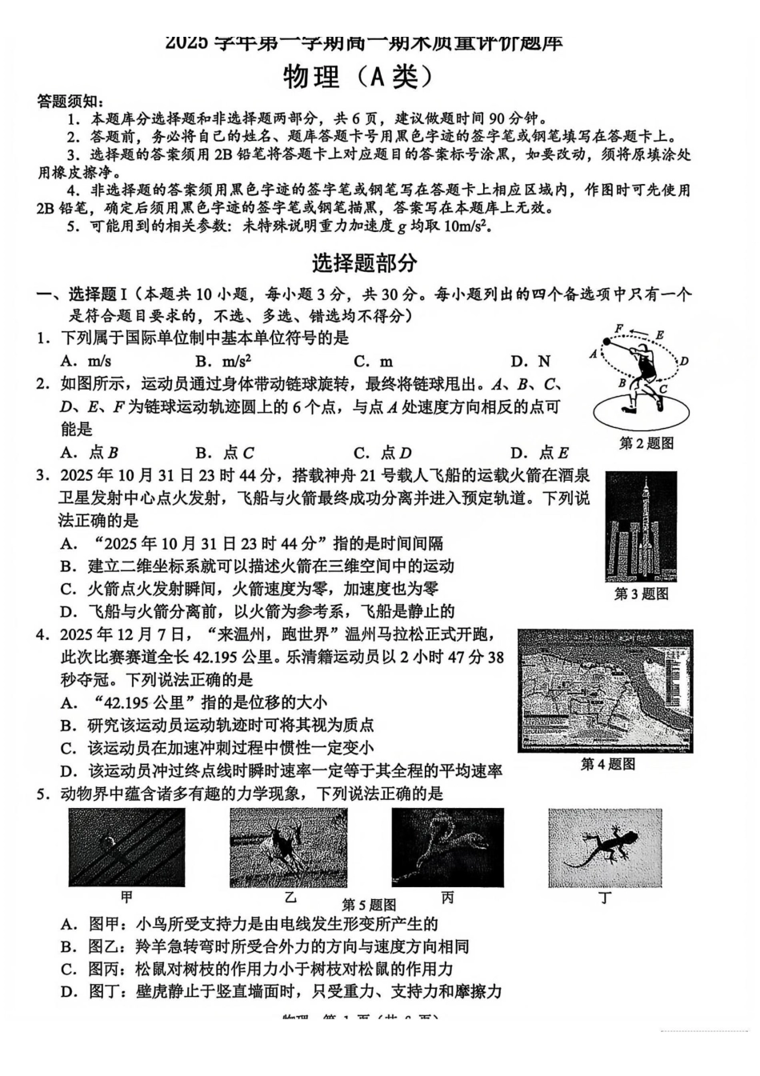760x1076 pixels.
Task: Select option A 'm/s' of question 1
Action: click(86, 362)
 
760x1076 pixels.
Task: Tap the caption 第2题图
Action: click(646, 443)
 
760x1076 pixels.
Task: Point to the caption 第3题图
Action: click(641, 594)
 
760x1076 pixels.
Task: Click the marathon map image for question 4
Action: click(606, 691)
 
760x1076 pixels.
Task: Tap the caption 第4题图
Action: click(608, 765)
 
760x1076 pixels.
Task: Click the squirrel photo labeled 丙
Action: click(447, 846)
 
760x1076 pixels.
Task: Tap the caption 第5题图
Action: click(369, 905)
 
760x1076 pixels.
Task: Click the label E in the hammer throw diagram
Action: click(659, 335)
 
